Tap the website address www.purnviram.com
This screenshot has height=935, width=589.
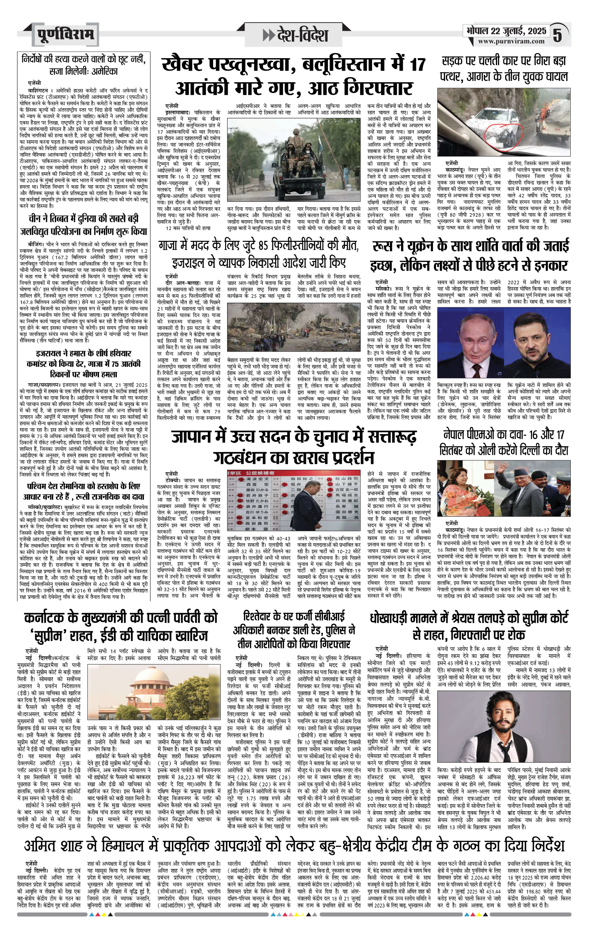click(x=511, y=42)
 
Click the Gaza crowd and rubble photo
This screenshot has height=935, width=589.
click(x=294, y=327)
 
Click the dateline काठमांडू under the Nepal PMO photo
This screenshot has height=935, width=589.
click(x=458, y=530)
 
